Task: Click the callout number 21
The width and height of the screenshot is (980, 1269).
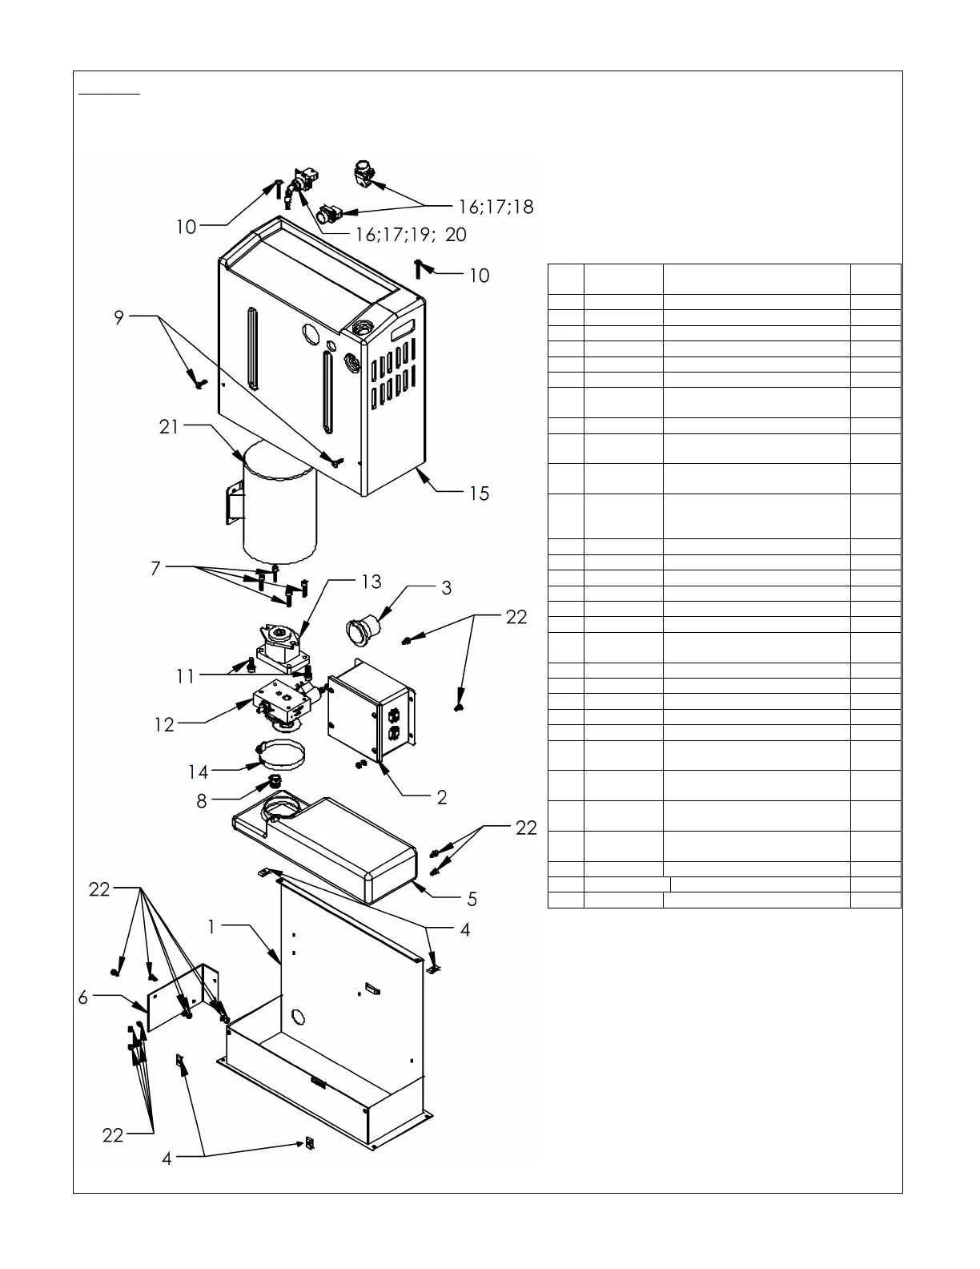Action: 169,427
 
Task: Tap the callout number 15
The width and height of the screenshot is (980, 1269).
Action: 479,493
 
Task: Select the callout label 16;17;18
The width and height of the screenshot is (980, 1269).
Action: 496,207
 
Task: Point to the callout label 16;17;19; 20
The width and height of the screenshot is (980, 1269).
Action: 411,235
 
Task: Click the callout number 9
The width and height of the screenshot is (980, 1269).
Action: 119,317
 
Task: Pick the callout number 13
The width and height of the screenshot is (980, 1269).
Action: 371,582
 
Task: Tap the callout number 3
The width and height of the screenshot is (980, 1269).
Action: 446,588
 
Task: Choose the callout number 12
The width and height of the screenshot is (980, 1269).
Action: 164,724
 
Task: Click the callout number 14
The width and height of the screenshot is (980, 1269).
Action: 198,772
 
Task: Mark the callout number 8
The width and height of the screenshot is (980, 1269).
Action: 202,800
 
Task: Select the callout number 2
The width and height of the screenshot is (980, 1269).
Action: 442,797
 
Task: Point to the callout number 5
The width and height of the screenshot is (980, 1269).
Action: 472,899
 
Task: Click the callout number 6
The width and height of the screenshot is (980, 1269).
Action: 83,997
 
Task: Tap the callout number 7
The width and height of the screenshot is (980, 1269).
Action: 155,569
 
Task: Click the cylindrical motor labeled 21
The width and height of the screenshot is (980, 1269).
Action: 280,505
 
